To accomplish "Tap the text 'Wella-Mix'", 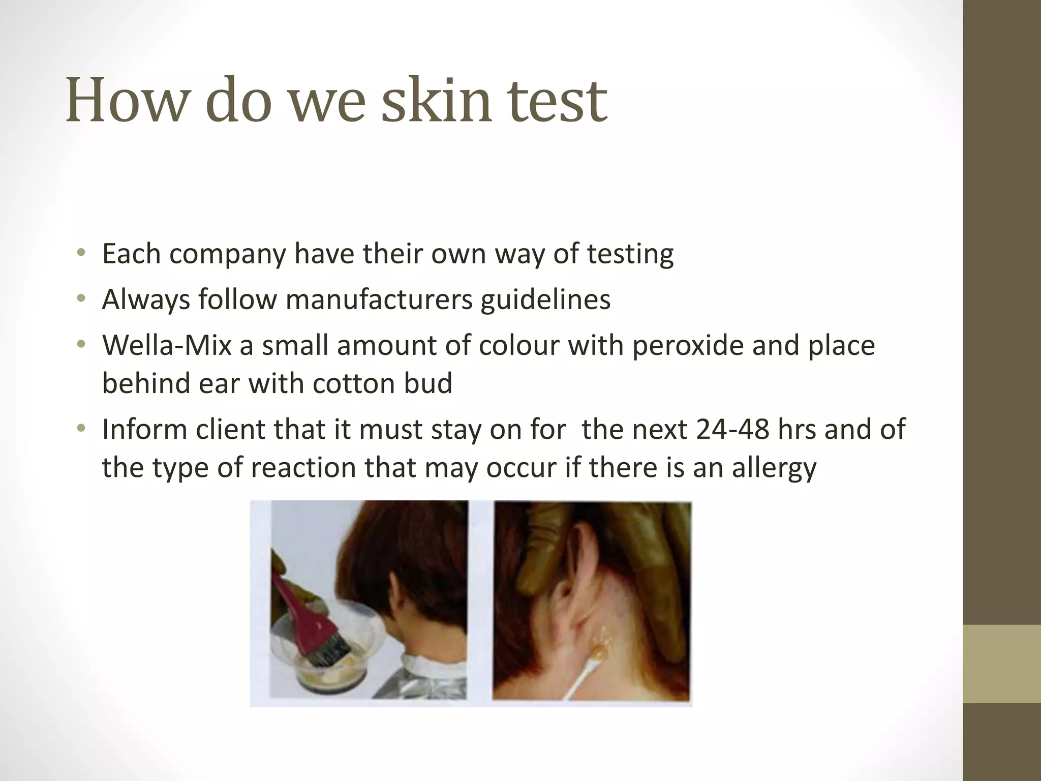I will pyautogui.click(x=167, y=345).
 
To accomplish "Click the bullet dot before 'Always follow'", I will pyautogui.click(x=80, y=299).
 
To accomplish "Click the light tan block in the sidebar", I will pyautogui.click(x=1002, y=664).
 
